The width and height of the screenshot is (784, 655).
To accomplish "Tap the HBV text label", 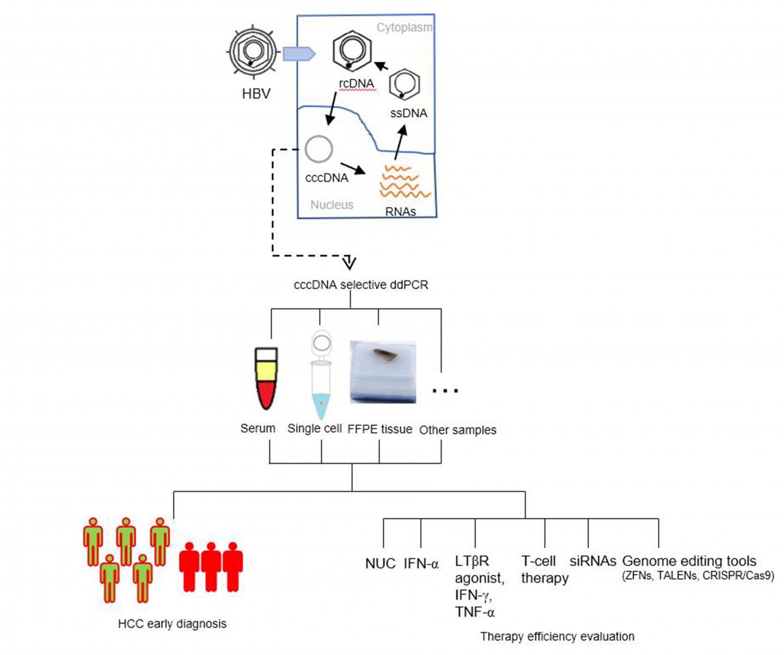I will [x=256, y=94].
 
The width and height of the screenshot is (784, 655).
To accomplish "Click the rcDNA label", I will [x=357, y=83].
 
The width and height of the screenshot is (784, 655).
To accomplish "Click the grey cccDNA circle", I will [x=318, y=149].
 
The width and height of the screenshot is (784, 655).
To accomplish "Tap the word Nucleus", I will [x=332, y=205].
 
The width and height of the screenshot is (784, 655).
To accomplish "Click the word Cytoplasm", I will [x=404, y=27].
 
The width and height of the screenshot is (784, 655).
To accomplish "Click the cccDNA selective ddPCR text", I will [x=361, y=285].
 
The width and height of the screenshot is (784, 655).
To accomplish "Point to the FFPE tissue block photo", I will [x=383, y=372].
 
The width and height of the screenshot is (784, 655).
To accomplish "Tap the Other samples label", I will [x=457, y=430].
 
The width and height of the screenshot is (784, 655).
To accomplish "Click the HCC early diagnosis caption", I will [x=172, y=623].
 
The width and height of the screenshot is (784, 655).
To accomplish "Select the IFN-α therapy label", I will [x=421, y=564].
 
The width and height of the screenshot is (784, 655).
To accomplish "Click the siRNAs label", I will [x=592, y=561].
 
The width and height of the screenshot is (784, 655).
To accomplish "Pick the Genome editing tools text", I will [x=689, y=561].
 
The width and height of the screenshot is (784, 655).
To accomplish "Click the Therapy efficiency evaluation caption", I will [x=557, y=636].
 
